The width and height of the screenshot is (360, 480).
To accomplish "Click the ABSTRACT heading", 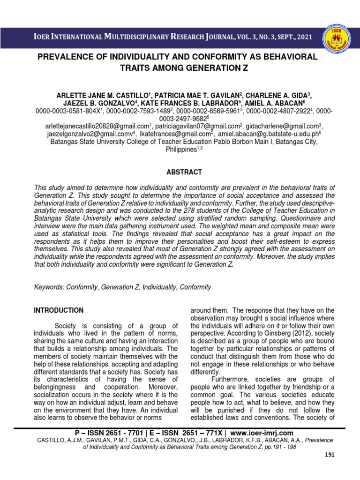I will pos(180,172).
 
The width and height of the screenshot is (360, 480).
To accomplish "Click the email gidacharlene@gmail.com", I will pos(281,126).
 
